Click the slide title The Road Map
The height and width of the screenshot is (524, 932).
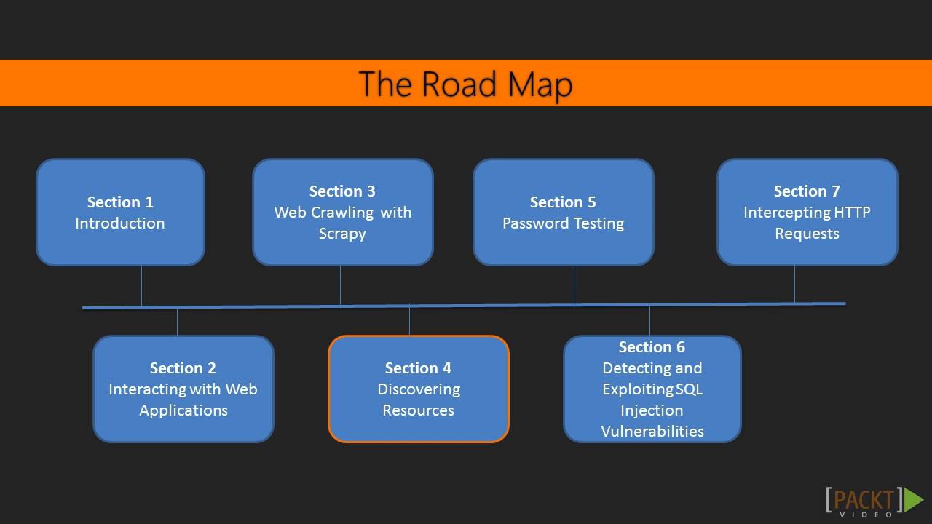[465, 84]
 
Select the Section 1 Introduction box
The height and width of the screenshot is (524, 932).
[120, 212]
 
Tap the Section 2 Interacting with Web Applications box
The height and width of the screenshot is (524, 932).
[183, 389]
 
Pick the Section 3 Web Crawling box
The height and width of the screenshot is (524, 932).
[342, 212]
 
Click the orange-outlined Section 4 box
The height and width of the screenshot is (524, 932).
[418, 389]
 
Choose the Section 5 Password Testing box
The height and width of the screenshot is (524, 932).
[563, 212]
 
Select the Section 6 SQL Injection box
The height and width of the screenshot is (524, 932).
[652, 389]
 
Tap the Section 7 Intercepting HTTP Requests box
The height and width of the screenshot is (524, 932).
[807, 212]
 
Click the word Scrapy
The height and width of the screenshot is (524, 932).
[342, 234]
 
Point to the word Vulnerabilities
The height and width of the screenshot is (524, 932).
[652, 432]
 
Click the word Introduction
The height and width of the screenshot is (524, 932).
[120, 223]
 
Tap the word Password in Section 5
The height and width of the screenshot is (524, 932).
[529, 223]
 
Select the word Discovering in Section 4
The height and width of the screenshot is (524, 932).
[419, 389]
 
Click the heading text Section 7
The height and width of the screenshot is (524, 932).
[807, 191]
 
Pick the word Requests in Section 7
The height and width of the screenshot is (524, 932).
[807, 234]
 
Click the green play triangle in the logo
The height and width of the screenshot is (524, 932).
[913, 500]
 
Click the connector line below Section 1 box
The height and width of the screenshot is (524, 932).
[141, 286]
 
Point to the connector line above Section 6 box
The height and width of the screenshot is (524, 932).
[649, 320]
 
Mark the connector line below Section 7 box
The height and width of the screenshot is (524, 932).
[794, 284]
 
